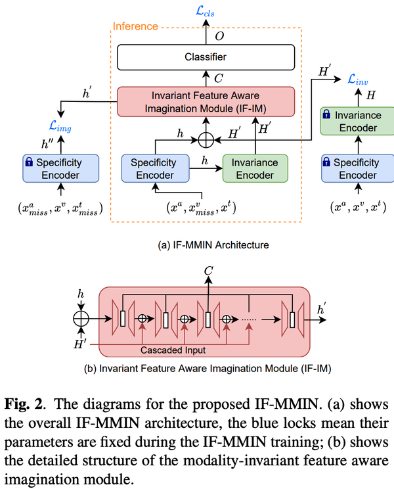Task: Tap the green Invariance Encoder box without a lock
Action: [255, 168]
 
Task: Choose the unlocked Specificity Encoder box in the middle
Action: [153, 168]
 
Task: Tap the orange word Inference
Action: [135, 26]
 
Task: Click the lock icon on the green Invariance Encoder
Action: [325, 115]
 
